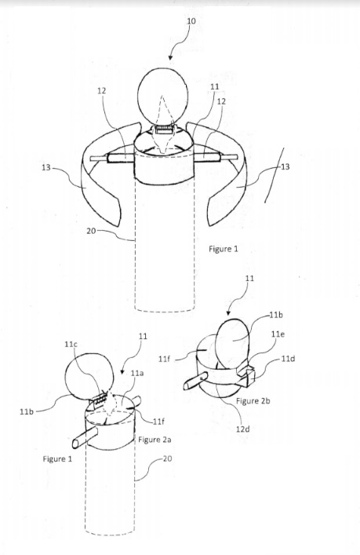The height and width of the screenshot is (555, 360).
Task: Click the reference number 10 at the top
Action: point(191,21)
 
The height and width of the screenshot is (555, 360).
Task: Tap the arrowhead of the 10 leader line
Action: point(171,57)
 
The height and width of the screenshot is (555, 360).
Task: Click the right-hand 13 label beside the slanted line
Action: point(285,166)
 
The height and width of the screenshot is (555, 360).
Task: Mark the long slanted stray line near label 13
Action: point(275,175)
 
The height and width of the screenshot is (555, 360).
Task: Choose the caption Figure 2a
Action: point(155,440)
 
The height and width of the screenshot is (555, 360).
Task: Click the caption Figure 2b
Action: point(253,401)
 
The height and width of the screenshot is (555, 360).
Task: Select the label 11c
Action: point(71,344)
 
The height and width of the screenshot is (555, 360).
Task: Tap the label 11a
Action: point(137,373)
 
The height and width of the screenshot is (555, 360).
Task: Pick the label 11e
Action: point(278,334)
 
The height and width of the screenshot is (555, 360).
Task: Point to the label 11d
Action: point(288,359)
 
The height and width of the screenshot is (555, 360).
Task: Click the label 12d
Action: point(243,429)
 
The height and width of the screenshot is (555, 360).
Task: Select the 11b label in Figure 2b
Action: point(276,315)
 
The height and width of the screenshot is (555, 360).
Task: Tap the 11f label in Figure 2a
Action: point(158,422)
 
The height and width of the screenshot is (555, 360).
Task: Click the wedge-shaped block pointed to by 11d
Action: point(246,374)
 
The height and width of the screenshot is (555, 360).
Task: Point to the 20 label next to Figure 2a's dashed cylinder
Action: point(168,458)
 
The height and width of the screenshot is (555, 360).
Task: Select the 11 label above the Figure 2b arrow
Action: point(249,279)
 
